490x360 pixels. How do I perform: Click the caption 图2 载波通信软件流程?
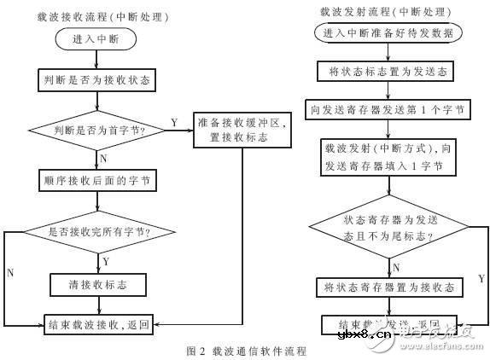tap(246, 350)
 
